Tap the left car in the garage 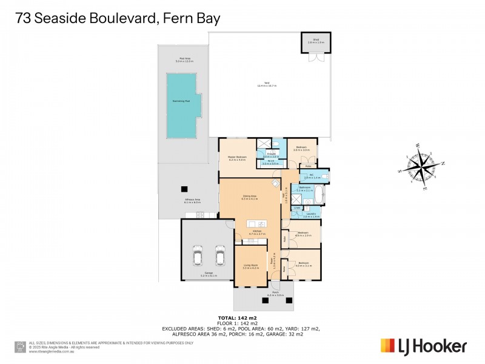(198, 255)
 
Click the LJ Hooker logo (423, 346)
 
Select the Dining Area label (250, 197)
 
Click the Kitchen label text (256, 232)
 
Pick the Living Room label (250, 266)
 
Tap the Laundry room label (310, 215)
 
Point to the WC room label (308, 175)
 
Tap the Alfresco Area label (192, 201)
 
